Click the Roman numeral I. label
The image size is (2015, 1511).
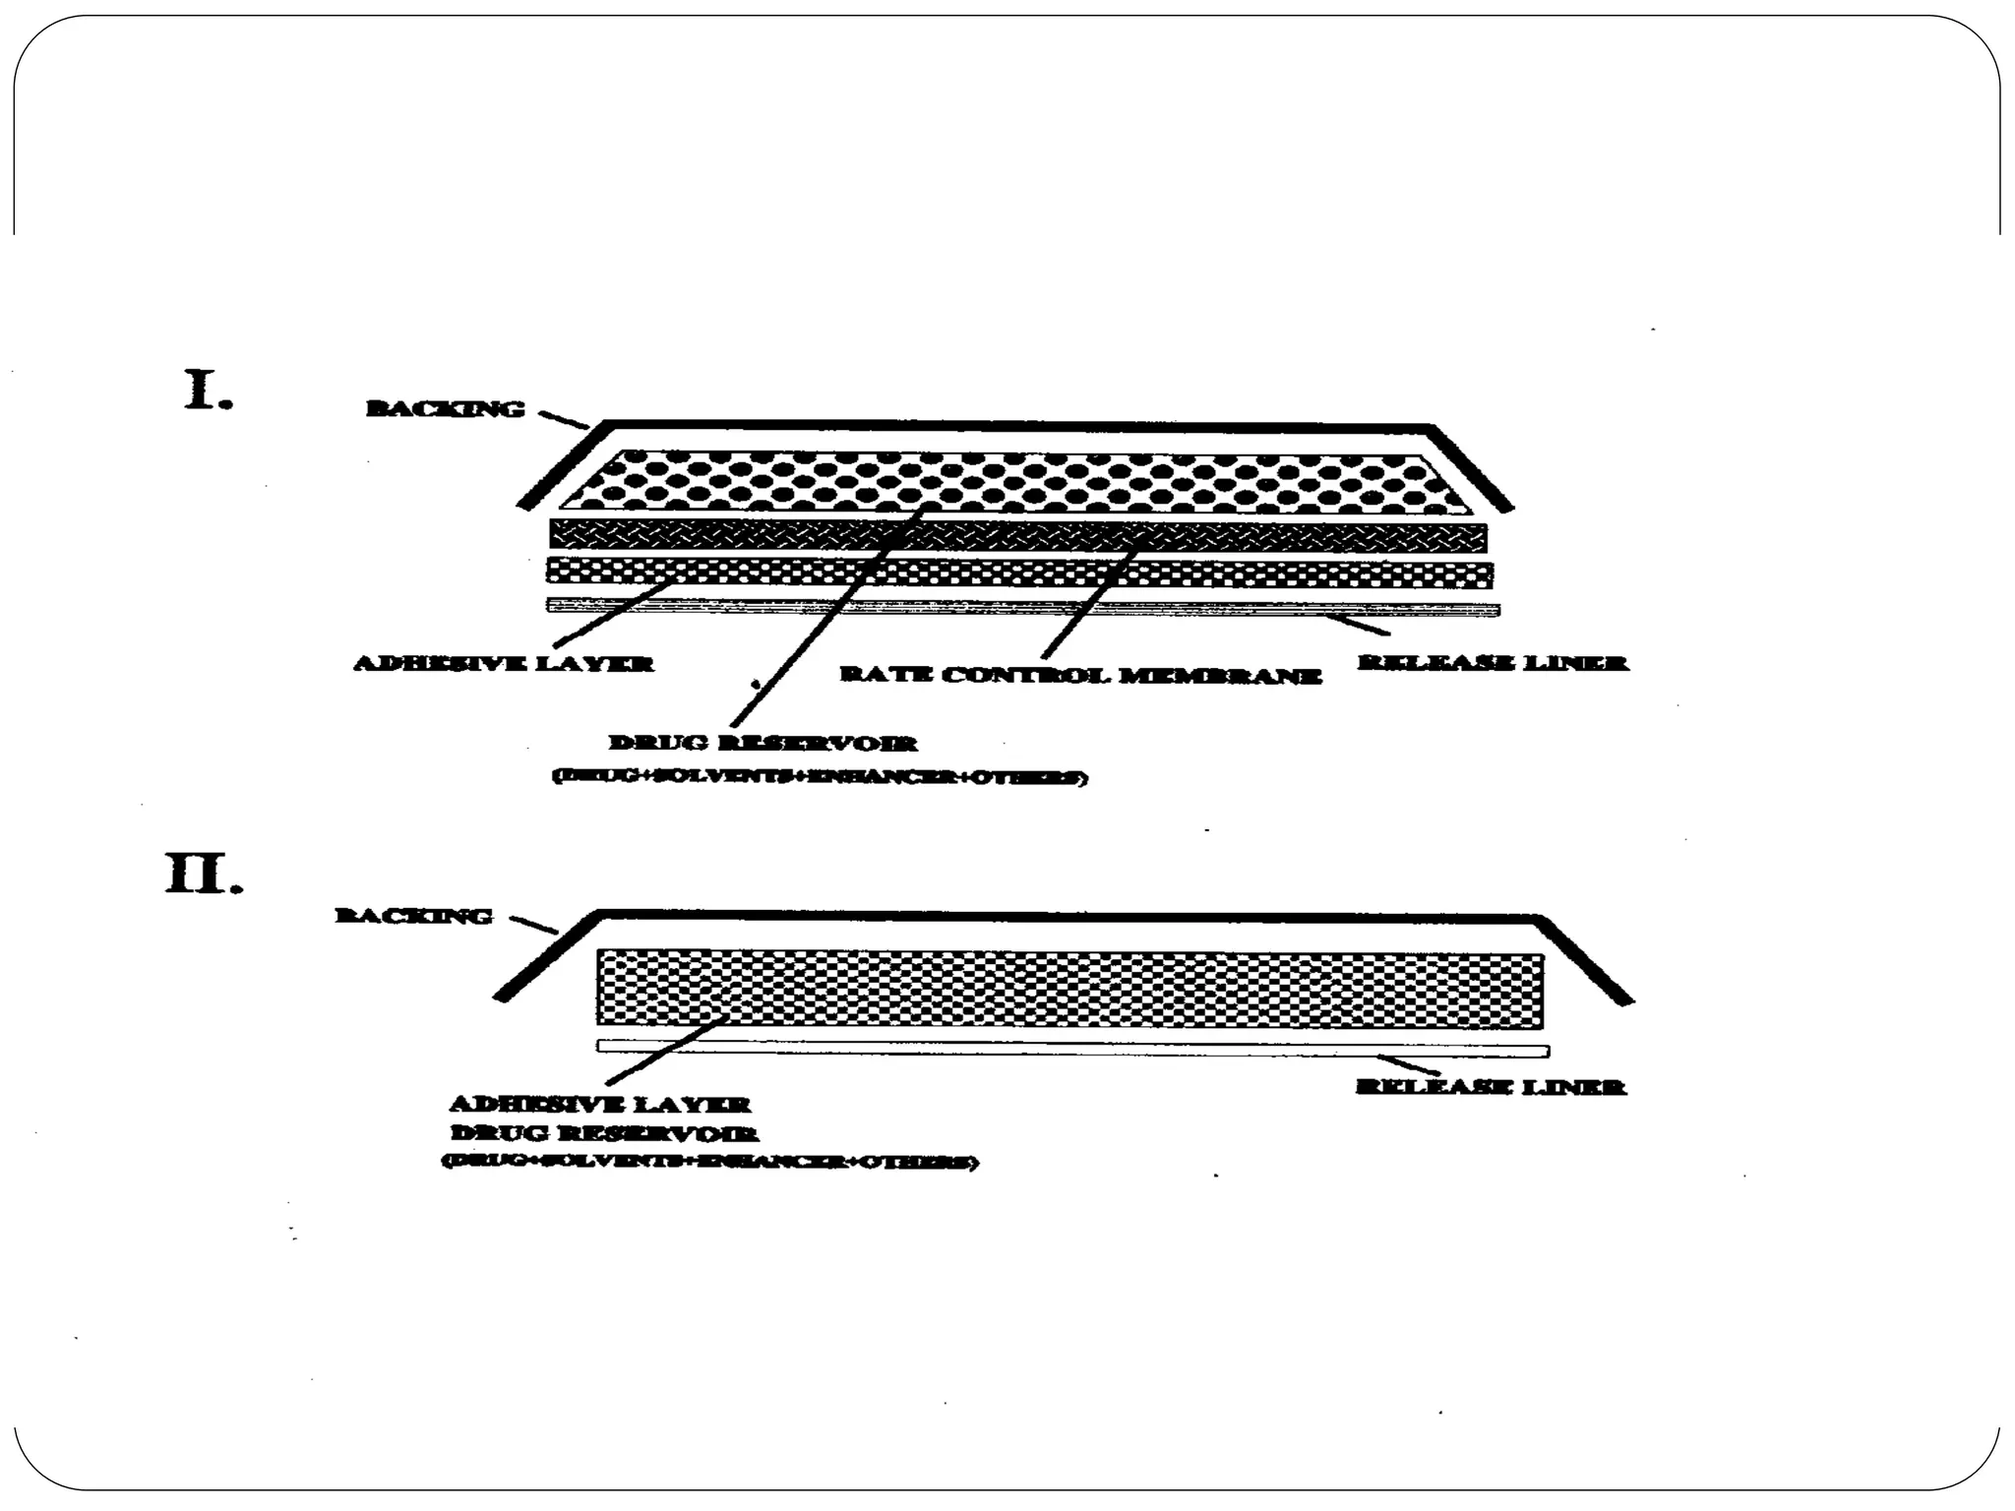(208, 391)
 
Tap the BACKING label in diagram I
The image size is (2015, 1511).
(445, 409)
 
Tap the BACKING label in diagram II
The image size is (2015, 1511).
(413, 916)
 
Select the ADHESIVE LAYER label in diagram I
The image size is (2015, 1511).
(503, 664)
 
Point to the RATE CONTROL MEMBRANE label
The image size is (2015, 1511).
(1079, 676)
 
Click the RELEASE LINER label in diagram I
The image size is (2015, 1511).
(1492, 663)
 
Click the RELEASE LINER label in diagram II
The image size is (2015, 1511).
(1490, 1087)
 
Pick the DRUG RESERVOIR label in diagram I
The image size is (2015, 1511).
(763, 744)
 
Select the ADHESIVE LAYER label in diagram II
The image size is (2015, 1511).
(599, 1105)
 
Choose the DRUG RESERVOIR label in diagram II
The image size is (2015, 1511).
(604, 1133)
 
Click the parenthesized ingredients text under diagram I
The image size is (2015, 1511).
(820, 777)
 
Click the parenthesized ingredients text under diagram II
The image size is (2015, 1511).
(709, 1162)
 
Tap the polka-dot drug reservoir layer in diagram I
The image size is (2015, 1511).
(1013, 483)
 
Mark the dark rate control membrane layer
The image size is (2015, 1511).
(1017, 536)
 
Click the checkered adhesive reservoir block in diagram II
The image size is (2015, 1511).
(1069, 990)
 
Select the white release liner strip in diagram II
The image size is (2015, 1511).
(1072, 1049)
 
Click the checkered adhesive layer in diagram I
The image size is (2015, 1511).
(1019, 573)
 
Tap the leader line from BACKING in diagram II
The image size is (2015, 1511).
(533, 924)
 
